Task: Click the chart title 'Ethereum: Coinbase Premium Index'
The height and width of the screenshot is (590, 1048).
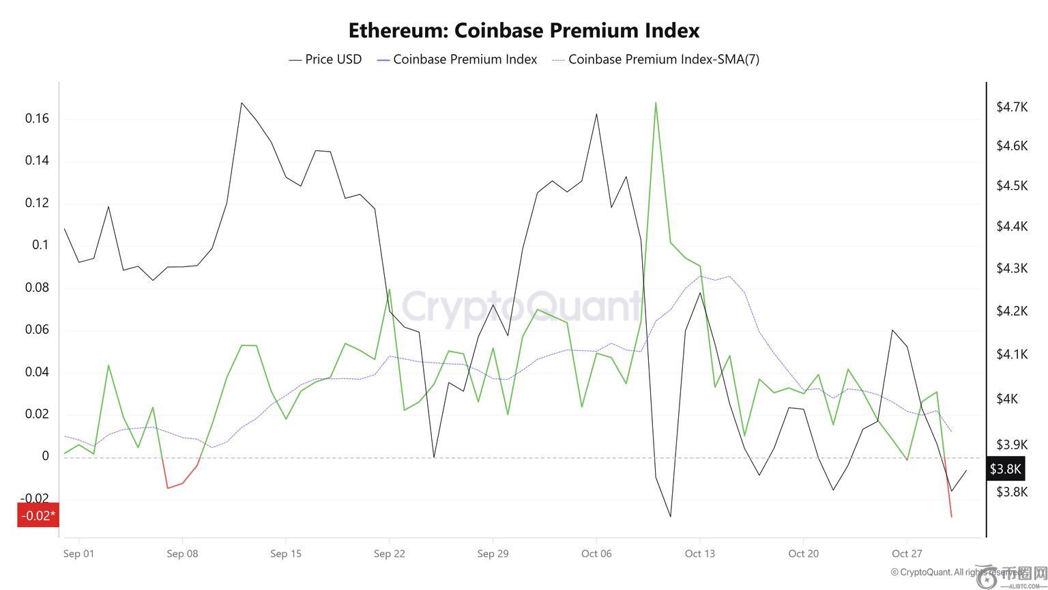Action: [x=523, y=31]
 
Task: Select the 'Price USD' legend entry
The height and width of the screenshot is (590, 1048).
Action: [x=325, y=59]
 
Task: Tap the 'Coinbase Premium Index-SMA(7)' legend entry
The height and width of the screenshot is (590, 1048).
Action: [x=656, y=59]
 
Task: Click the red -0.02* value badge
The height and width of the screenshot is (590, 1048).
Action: [x=38, y=515]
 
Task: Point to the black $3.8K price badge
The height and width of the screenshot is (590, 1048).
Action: [x=1006, y=469]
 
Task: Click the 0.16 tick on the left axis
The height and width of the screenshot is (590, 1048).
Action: [x=38, y=119]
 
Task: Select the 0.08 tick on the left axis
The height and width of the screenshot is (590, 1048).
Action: [x=38, y=287]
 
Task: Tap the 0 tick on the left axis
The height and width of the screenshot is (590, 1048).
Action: [x=46, y=456]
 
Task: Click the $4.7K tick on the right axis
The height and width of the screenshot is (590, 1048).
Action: [x=1011, y=107]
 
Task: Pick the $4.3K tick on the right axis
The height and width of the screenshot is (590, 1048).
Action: [x=1011, y=268]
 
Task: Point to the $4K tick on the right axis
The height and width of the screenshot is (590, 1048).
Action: [x=1007, y=398]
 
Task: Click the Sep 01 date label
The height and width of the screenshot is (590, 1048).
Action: [x=78, y=553]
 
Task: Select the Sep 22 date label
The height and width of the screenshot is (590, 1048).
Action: [x=389, y=553]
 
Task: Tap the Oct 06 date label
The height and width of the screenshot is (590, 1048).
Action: [x=596, y=553]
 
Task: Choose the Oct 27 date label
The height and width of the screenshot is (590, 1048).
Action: [x=907, y=553]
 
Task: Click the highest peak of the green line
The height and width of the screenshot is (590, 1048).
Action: [x=656, y=103]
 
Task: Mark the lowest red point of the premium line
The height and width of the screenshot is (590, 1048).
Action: [x=951, y=516]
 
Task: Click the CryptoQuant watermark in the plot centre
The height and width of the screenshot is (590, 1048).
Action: [x=522, y=305]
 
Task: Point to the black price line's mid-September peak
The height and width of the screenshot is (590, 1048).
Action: [x=242, y=103]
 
